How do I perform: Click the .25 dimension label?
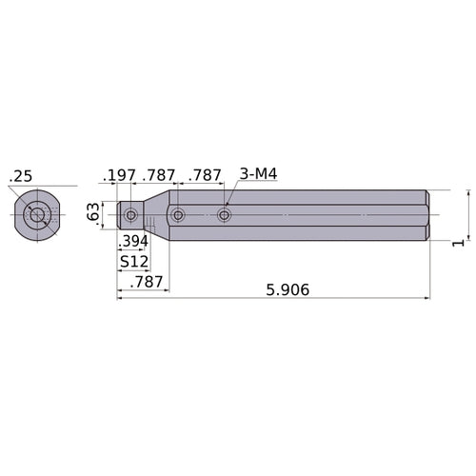pyautogui.click(x=20, y=176)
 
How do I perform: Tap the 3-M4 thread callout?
pyautogui.click(x=258, y=174)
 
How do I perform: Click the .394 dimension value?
pyautogui.click(x=133, y=242)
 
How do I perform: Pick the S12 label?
pyautogui.click(x=132, y=261)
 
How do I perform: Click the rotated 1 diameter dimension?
pyautogui.click(x=458, y=244)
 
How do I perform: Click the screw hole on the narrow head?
pyautogui.click(x=130, y=216)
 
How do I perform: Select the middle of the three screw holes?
pyautogui.click(x=178, y=216)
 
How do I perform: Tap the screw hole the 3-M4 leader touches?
pyautogui.click(x=225, y=216)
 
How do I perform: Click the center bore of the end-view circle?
pyautogui.click(x=37, y=215)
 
